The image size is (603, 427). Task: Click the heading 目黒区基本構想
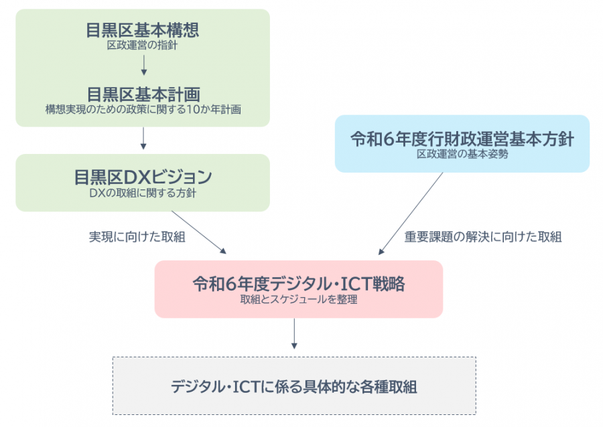(143, 30)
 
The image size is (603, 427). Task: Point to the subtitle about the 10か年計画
(143, 109)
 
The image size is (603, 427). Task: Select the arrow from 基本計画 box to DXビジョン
(143, 138)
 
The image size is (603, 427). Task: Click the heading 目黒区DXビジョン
(143, 177)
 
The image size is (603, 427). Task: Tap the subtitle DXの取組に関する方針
(143, 193)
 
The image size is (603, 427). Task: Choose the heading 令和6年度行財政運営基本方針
(462, 139)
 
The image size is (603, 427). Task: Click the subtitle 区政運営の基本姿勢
(462, 154)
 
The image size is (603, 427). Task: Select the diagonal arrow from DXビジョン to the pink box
(199, 232)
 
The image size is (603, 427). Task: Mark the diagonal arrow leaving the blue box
(411, 213)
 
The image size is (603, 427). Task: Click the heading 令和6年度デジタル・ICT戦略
(298, 284)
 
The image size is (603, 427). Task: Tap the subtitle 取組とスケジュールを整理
(298, 300)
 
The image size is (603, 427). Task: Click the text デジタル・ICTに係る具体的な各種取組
(294, 386)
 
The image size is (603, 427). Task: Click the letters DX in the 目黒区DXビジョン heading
(135, 177)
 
